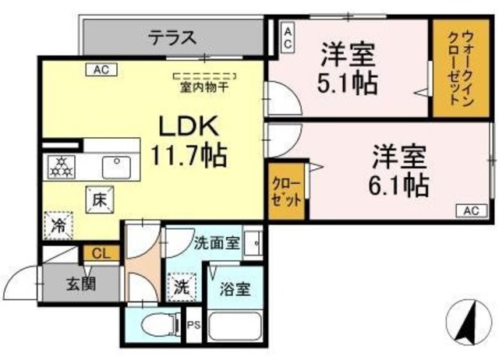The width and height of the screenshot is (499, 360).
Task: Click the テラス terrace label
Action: (173, 37)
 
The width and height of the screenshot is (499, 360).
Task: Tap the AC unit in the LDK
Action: (101, 69)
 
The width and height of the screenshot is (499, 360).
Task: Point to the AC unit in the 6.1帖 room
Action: (472, 210)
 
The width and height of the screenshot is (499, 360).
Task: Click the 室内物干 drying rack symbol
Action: (205, 76)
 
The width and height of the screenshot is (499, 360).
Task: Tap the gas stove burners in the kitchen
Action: (61, 168)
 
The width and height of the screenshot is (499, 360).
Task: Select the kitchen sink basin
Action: (116, 168)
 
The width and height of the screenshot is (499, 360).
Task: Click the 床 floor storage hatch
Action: (100, 199)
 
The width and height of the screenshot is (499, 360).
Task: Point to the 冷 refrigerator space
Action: (58, 225)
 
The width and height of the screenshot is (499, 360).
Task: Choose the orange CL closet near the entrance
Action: (101, 253)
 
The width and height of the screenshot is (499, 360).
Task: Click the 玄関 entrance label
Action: (81, 283)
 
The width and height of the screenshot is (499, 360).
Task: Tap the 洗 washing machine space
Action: (182, 287)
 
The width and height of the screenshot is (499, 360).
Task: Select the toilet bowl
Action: (159, 326)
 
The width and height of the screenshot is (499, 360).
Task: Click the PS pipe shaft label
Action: (194, 326)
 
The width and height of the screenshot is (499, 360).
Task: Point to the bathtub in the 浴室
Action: (235, 327)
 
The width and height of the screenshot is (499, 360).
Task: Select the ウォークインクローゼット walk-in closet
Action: (461, 68)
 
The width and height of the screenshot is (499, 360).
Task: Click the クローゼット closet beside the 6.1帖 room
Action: (286, 191)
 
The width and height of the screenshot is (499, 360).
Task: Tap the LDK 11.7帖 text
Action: (189, 140)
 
